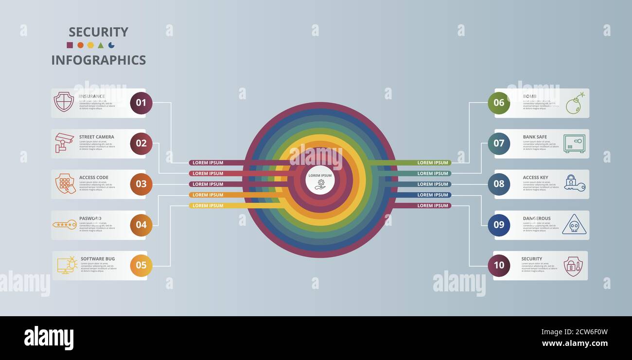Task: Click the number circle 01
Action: click(141, 103)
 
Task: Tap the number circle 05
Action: click(141, 266)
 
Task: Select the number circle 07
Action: click(499, 144)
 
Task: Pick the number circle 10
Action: click(499, 266)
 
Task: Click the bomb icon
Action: click(575, 103)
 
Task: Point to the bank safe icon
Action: click(574, 144)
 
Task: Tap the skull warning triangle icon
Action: click(574, 224)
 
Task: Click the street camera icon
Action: click(64, 143)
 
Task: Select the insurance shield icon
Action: click(64, 102)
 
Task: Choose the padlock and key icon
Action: click(575, 183)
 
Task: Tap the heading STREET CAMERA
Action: click(97, 137)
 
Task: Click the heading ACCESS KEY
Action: click(535, 178)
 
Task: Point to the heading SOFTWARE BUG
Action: click(98, 259)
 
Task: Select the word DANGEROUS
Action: click(537, 218)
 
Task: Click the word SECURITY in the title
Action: click(98, 32)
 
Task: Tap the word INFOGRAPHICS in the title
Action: click(99, 60)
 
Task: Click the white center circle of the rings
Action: click(320, 180)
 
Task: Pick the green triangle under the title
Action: click(101, 45)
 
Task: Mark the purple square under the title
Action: click(70, 45)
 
